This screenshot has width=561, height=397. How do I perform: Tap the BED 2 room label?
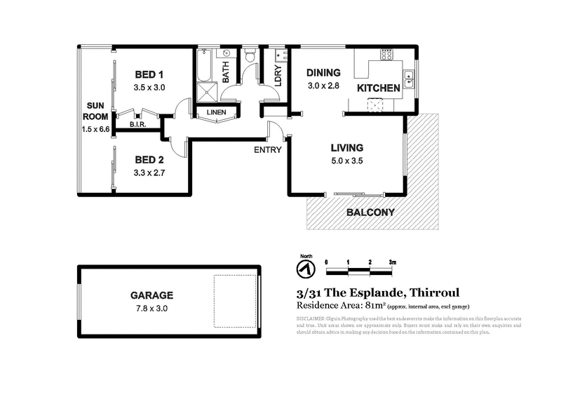click(149, 159)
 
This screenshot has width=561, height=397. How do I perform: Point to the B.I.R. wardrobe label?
click(137, 125)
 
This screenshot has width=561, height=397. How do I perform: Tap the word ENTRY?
click(268, 149)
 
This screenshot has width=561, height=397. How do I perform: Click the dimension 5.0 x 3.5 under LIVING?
click(346, 161)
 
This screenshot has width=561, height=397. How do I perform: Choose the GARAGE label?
click(151, 295)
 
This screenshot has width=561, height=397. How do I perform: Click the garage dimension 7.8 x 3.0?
click(151, 308)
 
